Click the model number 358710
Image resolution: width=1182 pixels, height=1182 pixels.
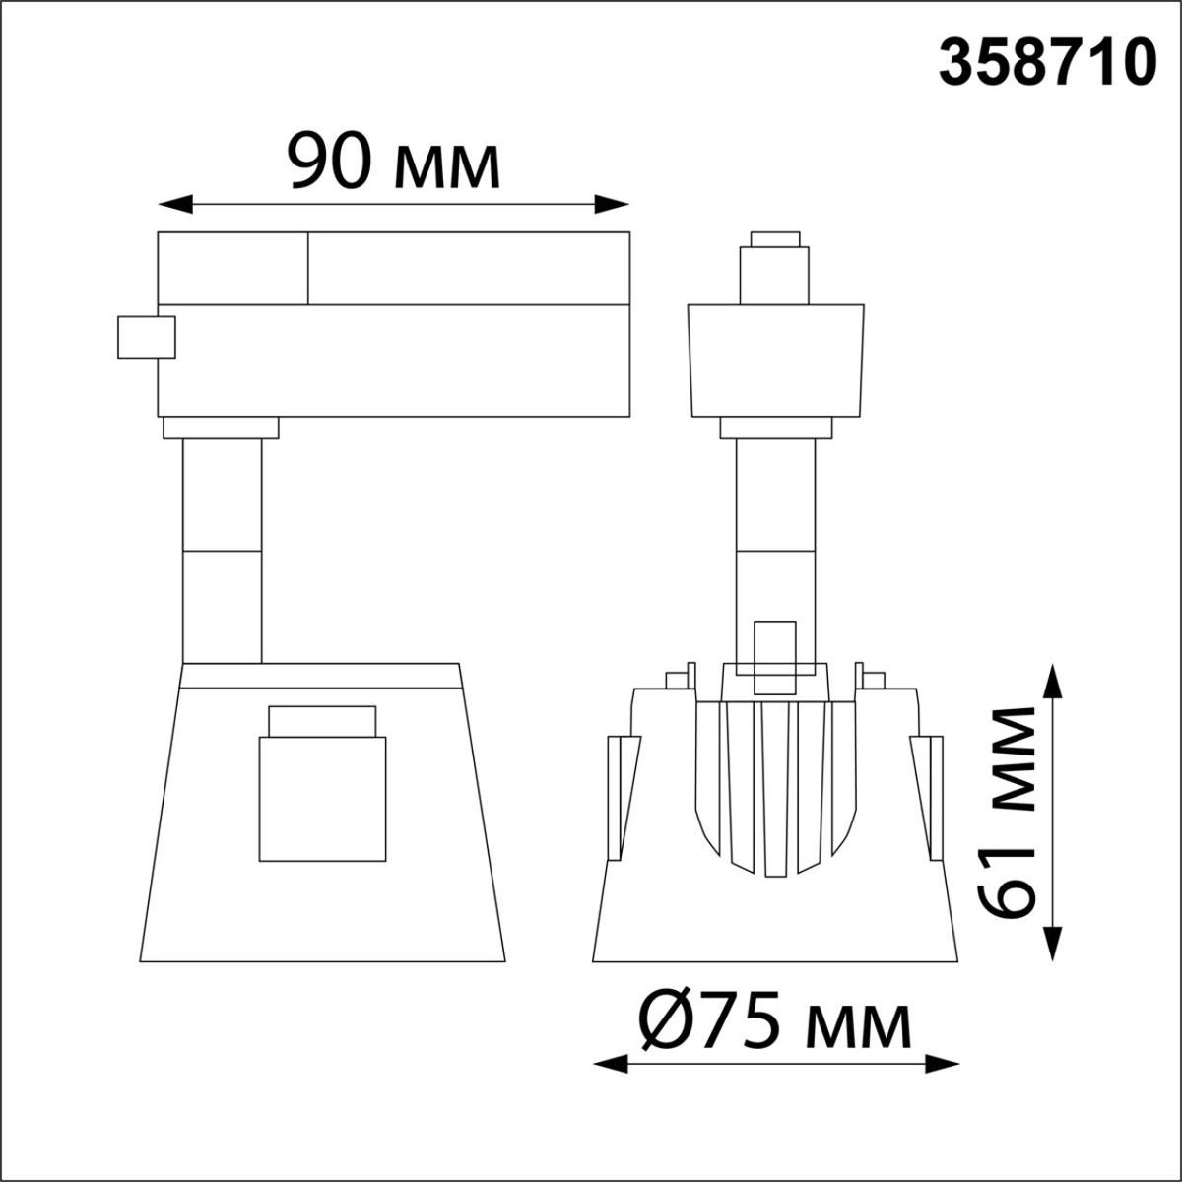tap(1046, 65)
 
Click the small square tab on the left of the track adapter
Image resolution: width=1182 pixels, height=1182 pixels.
tap(146, 337)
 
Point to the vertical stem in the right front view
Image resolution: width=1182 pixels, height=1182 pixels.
tap(776, 532)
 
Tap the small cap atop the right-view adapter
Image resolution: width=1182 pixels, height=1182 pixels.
tap(774, 239)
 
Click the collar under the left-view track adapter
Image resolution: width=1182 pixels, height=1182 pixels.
tap(221, 427)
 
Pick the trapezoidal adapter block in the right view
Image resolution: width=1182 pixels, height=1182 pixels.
tap(776, 361)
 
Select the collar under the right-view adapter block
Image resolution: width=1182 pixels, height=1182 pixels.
tap(776, 427)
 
